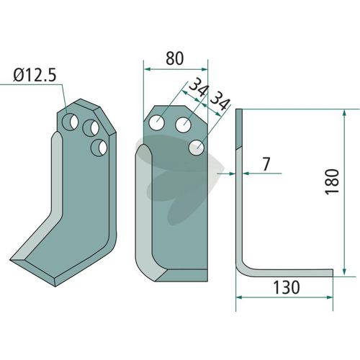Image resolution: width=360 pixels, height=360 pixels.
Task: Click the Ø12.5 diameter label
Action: [35, 75]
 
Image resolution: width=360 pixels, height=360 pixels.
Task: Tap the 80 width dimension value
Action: [175, 58]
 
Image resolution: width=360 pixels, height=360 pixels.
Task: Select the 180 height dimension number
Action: [332, 181]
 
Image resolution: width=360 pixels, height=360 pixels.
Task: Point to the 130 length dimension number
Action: [287, 287]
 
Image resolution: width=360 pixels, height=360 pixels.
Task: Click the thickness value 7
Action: [266, 164]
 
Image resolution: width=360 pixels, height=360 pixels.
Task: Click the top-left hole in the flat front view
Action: [156, 123]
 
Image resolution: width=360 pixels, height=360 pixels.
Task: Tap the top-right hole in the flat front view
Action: [183, 125]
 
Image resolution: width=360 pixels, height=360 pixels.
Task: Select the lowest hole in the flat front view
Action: [197, 148]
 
